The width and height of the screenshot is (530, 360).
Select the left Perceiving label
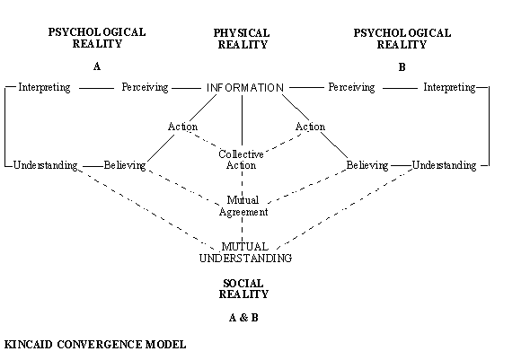[x=145, y=88]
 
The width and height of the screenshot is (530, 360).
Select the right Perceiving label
[x=351, y=88]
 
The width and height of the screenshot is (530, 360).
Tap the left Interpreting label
[x=44, y=88]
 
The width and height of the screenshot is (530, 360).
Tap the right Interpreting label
[x=449, y=88]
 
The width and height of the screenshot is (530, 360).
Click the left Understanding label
[x=46, y=165]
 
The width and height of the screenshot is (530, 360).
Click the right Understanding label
[x=445, y=165]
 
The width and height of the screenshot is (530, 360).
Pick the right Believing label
[x=367, y=165]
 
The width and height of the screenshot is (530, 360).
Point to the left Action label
[x=182, y=127]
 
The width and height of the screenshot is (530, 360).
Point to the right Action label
[x=310, y=127]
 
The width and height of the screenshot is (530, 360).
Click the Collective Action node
[x=242, y=160]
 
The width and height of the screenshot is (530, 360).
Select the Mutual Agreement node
[x=243, y=206]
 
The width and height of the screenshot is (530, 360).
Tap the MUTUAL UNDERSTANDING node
[x=245, y=251]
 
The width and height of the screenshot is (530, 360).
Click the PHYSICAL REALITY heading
[x=242, y=39]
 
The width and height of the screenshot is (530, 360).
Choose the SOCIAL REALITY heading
[x=243, y=288]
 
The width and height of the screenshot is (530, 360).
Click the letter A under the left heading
[x=97, y=66]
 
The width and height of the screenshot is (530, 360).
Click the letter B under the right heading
[x=402, y=66]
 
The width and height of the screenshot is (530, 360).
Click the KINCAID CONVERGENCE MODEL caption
[x=94, y=345]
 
